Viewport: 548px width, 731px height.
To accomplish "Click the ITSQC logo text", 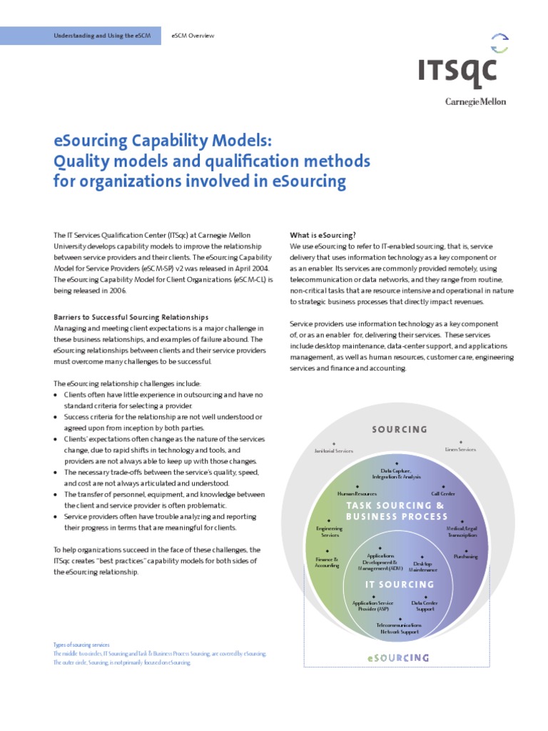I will tap(457, 72).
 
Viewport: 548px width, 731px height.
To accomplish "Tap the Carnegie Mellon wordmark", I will tap(475, 101).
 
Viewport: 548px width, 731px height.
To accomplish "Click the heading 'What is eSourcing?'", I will tap(323, 235).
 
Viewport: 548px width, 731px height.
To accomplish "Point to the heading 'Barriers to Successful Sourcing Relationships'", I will tap(131, 316).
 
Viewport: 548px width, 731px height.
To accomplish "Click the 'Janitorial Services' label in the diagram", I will tap(334, 450).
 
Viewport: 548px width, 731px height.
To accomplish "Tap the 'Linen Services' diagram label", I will tap(460, 450).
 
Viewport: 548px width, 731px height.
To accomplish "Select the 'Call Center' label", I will tap(443, 493).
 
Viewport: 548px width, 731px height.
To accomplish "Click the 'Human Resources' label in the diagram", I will tap(357, 493).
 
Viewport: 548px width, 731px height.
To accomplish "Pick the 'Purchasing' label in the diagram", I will tap(465, 556).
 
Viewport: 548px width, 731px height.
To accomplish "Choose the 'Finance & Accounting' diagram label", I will tap(327, 563).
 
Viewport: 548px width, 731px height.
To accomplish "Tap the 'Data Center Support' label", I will tap(425, 605).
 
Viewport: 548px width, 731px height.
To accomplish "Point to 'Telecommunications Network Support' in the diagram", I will tap(399, 628).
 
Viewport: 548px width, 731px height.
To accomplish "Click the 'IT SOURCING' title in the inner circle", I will tap(399, 585).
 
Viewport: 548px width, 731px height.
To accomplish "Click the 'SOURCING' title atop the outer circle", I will tap(400, 430).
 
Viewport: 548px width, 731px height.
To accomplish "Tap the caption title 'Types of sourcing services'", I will tap(81, 645).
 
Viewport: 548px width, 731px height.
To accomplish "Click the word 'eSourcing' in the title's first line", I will tap(93, 139).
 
